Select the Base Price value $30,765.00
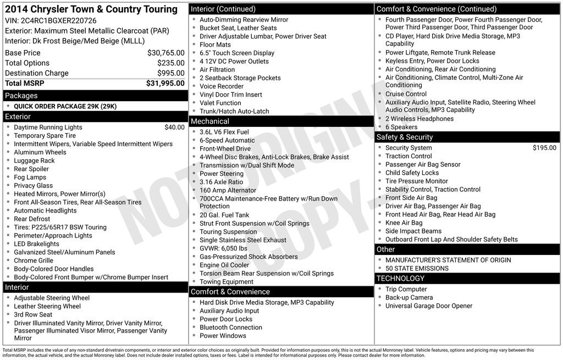[x=165, y=53]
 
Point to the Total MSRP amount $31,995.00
[x=165, y=83]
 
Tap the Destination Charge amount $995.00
[x=170, y=73]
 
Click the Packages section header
[x=21, y=96]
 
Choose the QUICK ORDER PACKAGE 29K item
[x=65, y=106]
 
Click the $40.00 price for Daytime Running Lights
[x=174, y=127]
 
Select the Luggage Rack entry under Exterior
[x=34, y=160]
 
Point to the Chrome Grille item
[x=34, y=261]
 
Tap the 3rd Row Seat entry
[x=33, y=314]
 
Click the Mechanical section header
[x=209, y=121]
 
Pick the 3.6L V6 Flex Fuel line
[x=224, y=132]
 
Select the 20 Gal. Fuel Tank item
[x=224, y=215]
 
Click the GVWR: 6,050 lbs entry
[x=223, y=248]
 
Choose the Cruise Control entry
[x=406, y=94]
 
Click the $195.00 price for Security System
[x=544, y=148]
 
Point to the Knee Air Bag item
[x=404, y=223]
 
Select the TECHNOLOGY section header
[x=400, y=279]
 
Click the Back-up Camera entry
[x=409, y=297]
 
